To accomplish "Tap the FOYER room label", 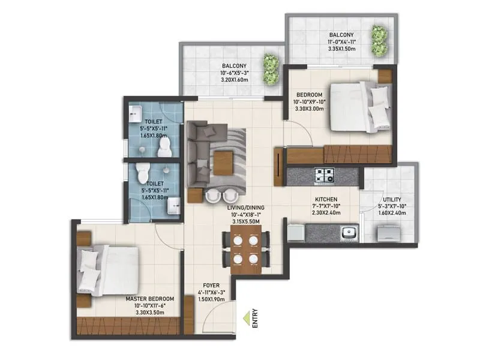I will pyautogui.click(x=211, y=286).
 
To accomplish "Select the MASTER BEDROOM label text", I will pyautogui.click(x=150, y=298).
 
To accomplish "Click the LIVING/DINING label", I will pyautogui.click(x=246, y=208).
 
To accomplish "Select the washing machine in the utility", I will pyautogui.click(x=383, y=230).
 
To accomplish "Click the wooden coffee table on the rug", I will pyautogui.click(x=223, y=159).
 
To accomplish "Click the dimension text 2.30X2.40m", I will pyautogui.click(x=326, y=212).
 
